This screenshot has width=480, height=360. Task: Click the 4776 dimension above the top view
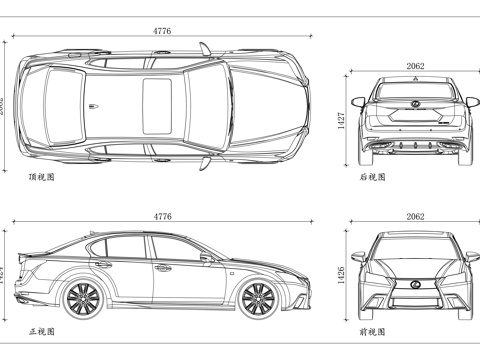162,31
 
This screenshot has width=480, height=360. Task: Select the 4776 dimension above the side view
162,215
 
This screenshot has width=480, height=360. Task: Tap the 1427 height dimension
341,120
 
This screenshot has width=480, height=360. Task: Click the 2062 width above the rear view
415,66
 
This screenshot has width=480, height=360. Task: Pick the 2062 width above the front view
415,215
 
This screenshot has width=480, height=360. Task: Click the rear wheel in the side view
83,297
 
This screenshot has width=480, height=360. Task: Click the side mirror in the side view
207,256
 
